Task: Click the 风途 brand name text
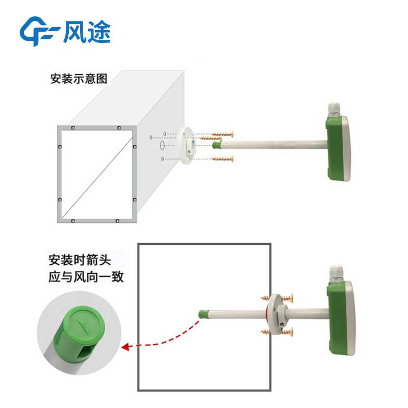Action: pos(87,32)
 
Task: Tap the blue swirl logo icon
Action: pos(39,31)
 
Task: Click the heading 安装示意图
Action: pos(79,79)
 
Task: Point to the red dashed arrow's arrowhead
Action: pos(125,347)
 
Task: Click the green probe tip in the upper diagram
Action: pos(216,145)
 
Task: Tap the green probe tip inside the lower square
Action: pos(203,314)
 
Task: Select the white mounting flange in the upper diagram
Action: pos(186,145)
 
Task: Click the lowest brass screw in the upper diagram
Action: pos(222,159)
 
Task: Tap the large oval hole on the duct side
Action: pos(162,145)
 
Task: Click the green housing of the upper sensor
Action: pos(335,148)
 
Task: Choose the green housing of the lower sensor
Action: pos(337,317)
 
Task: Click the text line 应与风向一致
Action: pos(86,277)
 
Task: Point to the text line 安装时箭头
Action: pos(80,260)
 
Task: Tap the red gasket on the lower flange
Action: pos(267,314)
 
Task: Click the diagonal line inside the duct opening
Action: pos(97,177)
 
